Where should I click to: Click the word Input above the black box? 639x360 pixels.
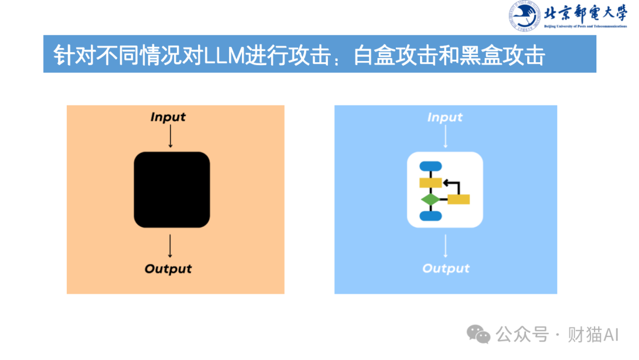[x=168, y=117]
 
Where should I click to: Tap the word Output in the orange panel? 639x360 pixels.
[x=168, y=269]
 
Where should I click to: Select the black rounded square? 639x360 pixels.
[x=172, y=189]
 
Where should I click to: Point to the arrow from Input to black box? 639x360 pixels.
[x=170, y=137]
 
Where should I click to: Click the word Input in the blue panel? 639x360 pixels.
[x=445, y=117]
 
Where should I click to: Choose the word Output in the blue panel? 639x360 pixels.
[x=446, y=269]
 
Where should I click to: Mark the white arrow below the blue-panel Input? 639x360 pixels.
[x=446, y=137]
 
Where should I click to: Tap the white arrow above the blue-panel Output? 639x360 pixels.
[x=446, y=246]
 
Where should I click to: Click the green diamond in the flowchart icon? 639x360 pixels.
[x=430, y=200]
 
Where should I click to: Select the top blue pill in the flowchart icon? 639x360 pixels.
[x=430, y=166]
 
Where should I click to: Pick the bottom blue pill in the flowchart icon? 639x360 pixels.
[x=430, y=216]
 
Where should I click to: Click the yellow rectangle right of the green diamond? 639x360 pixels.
[x=459, y=200]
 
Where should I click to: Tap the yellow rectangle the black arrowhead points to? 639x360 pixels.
[x=430, y=182]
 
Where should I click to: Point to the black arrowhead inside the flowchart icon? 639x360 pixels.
[x=446, y=182]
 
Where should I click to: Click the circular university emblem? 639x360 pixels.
[x=524, y=17]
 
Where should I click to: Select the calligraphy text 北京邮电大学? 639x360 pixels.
[x=585, y=13]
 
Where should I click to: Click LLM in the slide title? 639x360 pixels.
[x=221, y=56]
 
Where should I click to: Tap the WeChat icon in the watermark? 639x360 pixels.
[x=479, y=335]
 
